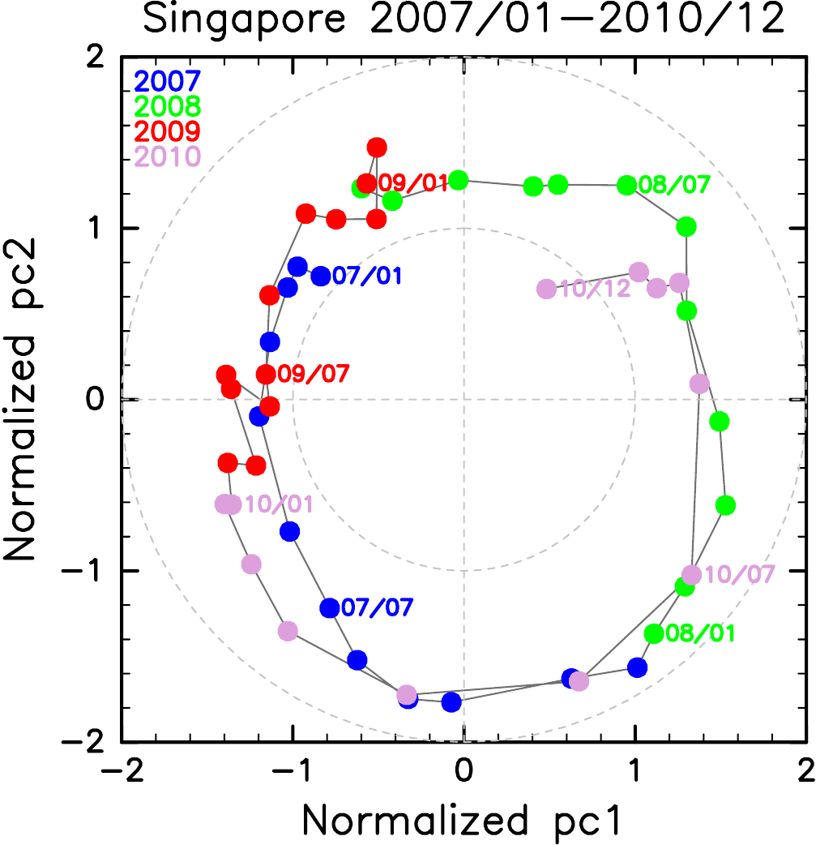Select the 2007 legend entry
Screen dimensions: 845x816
pyautogui.click(x=168, y=81)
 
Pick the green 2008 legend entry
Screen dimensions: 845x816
pyautogui.click(x=168, y=105)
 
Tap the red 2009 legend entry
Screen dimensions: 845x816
pyautogui.click(x=168, y=130)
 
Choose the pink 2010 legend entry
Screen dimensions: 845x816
pyautogui.click(x=168, y=155)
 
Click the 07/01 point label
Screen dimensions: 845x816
pyautogui.click(x=367, y=277)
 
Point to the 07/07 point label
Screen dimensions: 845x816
pyautogui.click(x=378, y=607)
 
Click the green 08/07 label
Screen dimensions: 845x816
pyautogui.click(x=675, y=186)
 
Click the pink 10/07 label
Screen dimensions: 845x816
pyautogui.click(x=740, y=574)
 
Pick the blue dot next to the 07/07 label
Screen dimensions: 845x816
pyautogui.click(x=330, y=607)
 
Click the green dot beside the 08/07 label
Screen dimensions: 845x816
pyautogui.click(x=626, y=186)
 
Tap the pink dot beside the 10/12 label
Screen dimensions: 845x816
pyautogui.click(x=546, y=289)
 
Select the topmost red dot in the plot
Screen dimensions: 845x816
pyautogui.click(x=377, y=147)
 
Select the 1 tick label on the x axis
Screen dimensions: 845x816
pyautogui.click(x=634, y=768)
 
